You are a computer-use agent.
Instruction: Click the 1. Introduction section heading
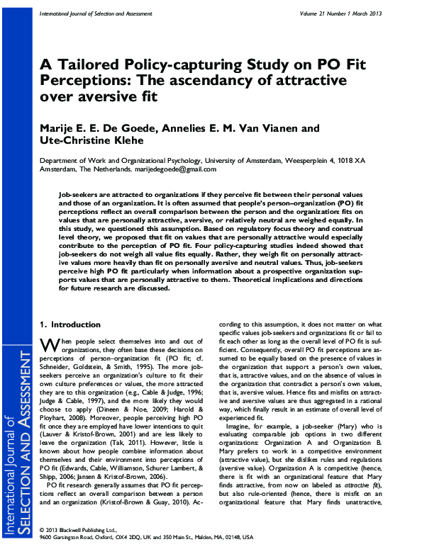(x=70, y=324)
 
